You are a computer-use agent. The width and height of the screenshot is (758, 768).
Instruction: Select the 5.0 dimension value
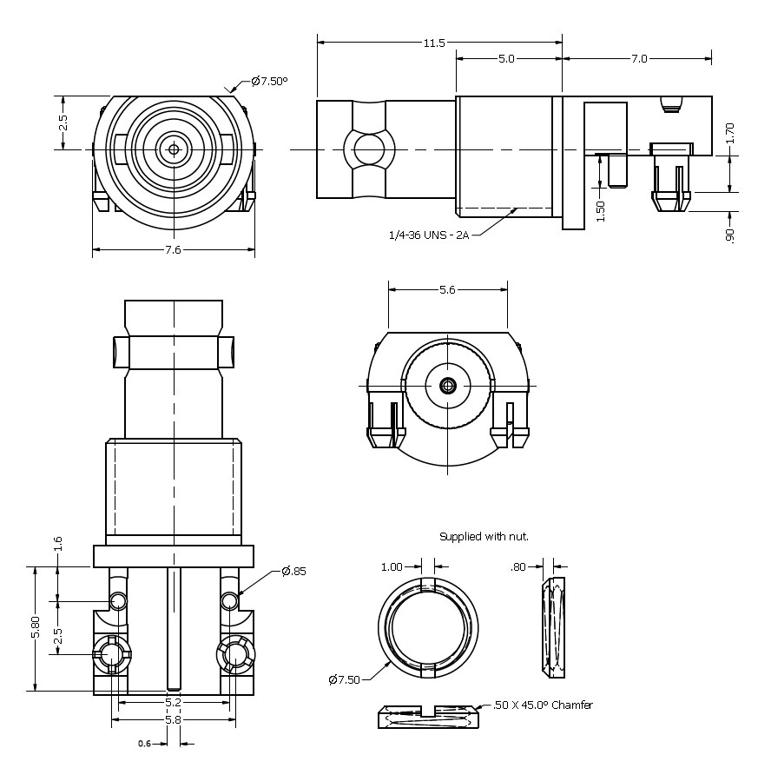(x=506, y=59)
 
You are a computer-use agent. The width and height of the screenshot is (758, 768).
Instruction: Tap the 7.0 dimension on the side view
(x=638, y=59)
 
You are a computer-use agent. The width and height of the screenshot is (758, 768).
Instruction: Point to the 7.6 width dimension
(x=173, y=250)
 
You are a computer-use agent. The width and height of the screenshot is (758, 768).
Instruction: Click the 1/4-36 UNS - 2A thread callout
(x=429, y=235)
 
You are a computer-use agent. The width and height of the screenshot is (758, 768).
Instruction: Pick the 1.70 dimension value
(x=730, y=133)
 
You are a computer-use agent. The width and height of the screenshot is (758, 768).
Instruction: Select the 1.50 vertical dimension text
(x=600, y=211)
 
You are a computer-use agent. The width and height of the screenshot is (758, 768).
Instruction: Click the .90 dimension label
(x=730, y=234)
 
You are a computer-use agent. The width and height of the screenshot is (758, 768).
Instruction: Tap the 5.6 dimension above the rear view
(x=447, y=290)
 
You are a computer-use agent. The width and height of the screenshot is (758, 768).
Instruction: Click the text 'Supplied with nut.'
(x=484, y=537)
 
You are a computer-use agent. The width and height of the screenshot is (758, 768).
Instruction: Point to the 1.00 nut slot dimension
(x=392, y=567)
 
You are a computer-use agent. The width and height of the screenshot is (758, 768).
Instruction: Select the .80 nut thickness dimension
(x=518, y=567)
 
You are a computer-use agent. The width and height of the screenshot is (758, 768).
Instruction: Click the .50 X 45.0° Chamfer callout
(x=543, y=705)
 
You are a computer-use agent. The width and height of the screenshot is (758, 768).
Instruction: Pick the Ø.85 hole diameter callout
(x=293, y=571)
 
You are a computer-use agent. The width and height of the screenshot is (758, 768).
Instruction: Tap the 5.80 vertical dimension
(x=36, y=628)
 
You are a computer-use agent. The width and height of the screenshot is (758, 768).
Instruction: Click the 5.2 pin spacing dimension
(x=174, y=701)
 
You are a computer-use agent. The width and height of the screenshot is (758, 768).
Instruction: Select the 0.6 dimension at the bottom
(x=144, y=744)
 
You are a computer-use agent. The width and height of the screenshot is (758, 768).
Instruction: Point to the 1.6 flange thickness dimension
(x=58, y=544)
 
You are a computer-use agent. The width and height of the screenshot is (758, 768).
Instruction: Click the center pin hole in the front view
(x=174, y=149)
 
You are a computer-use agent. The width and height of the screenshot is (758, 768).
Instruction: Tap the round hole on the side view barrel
(x=369, y=149)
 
